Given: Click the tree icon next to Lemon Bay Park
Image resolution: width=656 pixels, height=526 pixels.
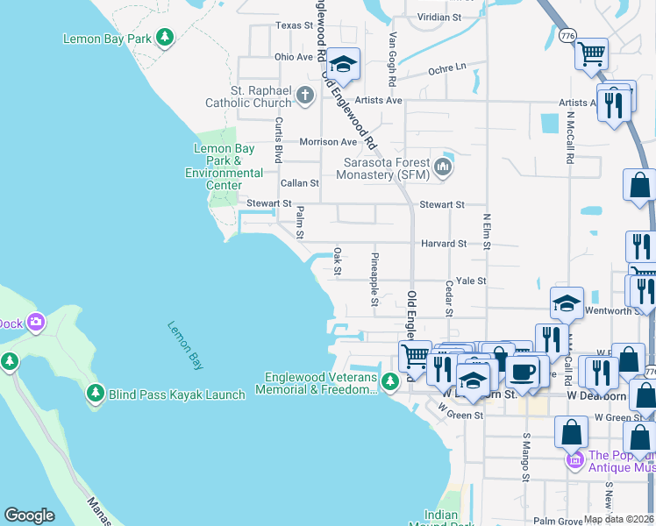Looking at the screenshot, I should click(x=164, y=38).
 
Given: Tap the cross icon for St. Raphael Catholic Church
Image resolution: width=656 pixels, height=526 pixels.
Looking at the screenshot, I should click(x=305, y=95).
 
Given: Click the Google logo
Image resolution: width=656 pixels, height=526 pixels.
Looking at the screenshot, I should click(x=29, y=515).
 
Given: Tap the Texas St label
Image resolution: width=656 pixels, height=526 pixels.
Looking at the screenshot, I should click(x=294, y=25).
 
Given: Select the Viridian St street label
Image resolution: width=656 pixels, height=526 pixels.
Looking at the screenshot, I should click(x=439, y=17).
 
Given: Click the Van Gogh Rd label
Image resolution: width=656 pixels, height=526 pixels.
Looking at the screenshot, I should click(x=393, y=58).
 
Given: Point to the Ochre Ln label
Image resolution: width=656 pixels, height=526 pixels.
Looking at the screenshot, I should click(x=447, y=68).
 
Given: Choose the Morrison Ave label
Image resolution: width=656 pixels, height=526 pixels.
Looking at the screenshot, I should click(x=328, y=141).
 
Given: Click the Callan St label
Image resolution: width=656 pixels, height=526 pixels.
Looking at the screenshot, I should click(x=299, y=183).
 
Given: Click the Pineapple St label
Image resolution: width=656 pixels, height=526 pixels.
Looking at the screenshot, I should click(x=374, y=279).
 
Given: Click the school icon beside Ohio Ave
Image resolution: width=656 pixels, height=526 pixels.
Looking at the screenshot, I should click(x=345, y=64).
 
